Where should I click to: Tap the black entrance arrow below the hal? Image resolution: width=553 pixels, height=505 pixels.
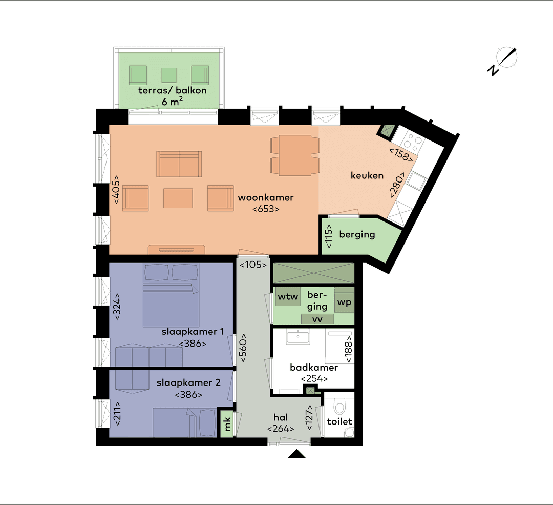(x=296, y=454)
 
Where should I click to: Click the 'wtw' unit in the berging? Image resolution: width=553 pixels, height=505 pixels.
(x=288, y=297)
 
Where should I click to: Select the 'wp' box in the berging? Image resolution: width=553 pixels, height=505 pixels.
(x=344, y=301)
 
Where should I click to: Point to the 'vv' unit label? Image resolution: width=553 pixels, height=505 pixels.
(x=317, y=319)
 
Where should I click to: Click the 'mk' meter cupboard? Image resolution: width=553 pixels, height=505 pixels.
(x=225, y=423)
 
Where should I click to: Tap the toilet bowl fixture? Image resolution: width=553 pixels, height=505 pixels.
(x=339, y=408)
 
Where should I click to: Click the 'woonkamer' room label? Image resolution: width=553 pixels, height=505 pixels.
(x=266, y=197)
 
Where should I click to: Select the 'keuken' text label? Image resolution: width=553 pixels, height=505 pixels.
(x=367, y=175)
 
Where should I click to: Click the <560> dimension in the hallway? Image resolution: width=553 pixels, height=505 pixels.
(x=243, y=349)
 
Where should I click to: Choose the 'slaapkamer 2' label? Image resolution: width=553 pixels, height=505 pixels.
(x=188, y=383)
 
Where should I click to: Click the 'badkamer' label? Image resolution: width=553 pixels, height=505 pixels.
(x=313, y=368)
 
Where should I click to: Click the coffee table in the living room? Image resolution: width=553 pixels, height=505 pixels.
(x=179, y=198)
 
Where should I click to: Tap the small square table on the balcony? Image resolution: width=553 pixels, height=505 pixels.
(x=169, y=75)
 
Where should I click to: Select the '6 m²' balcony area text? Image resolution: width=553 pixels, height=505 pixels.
(x=173, y=101)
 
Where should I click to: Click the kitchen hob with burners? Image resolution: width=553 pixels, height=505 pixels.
(x=413, y=138)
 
